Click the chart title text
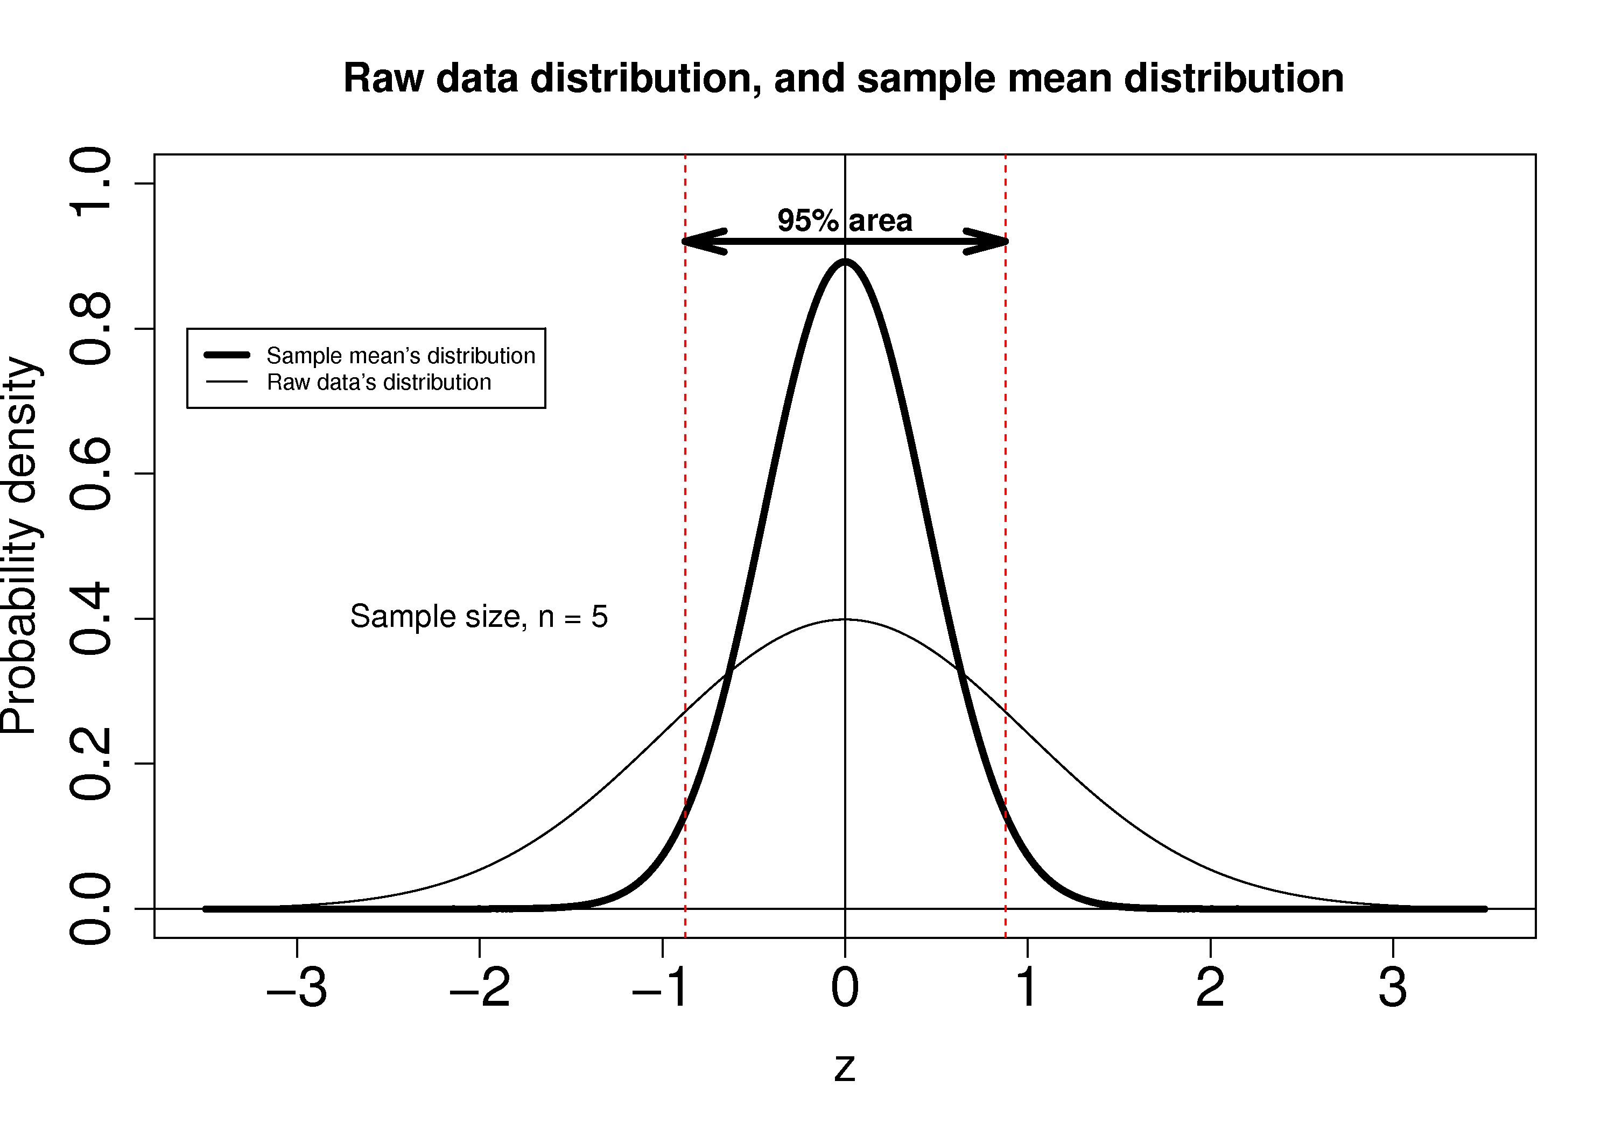click(x=844, y=78)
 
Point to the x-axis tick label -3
click(x=296, y=988)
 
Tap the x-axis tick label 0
click(x=845, y=988)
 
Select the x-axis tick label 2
click(x=1210, y=988)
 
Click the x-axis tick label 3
click(x=1393, y=988)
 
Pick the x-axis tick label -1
click(x=661, y=988)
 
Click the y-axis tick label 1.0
click(x=90, y=183)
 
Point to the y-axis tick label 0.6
click(x=90, y=473)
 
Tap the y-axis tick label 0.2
click(x=90, y=764)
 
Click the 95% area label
click(x=845, y=221)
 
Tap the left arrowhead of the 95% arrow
click(x=700, y=241)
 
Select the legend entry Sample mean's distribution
click(x=400, y=356)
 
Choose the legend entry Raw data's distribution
click(x=378, y=383)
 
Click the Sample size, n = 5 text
click(x=479, y=617)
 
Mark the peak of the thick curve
click(x=845, y=262)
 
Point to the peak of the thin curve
click(x=845, y=619)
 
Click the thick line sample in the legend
click(x=227, y=355)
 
